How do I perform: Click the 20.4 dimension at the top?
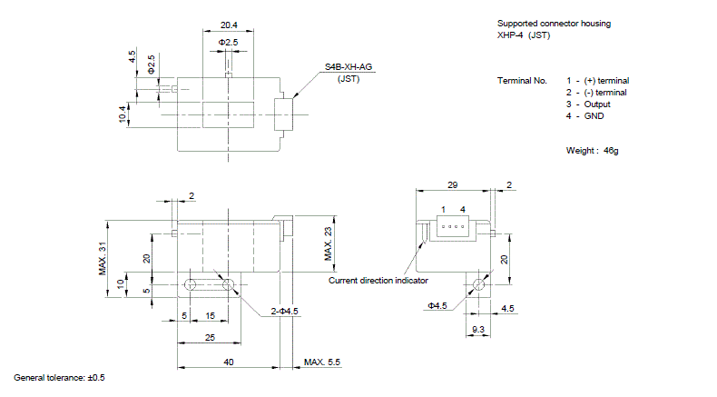coord(229,25)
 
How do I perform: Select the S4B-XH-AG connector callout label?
coord(349,67)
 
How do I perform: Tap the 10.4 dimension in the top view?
coord(123,114)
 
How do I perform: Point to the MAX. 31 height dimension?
coord(103,259)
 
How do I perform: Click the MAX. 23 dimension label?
coord(329,244)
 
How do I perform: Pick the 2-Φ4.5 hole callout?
coord(284,312)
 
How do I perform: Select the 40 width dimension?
coord(229,362)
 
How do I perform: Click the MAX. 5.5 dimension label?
coord(322,362)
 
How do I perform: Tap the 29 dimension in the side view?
coord(453,185)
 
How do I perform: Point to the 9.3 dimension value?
coord(478,329)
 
